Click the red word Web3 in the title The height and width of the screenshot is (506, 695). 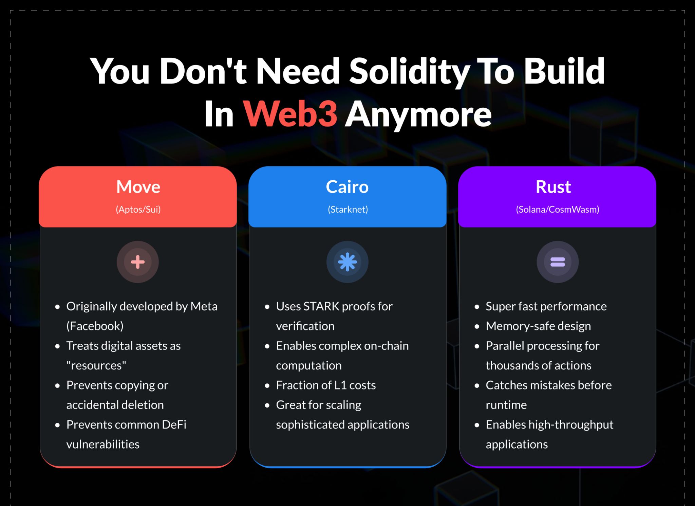point(290,114)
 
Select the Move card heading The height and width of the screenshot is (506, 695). point(138,187)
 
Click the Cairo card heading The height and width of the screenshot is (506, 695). point(347,187)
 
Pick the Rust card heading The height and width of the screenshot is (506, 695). point(553,187)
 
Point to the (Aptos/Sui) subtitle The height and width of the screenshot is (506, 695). point(138,209)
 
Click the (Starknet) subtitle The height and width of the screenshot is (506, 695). point(348,209)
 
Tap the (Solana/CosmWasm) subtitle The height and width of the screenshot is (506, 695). point(558,209)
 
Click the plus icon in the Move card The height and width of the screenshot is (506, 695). point(138,262)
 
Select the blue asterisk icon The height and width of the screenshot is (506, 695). point(347,262)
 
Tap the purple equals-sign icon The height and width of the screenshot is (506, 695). point(558,262)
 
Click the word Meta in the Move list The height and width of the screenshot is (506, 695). point(204,306)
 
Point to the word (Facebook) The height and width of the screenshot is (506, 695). point(95,326)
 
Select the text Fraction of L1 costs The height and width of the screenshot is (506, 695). point(326,385)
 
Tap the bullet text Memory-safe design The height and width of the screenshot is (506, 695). point(538,326)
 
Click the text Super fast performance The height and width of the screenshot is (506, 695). point(546,306)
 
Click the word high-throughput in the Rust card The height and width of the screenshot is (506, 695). point(571,424)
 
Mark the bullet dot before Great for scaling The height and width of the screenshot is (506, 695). point(267,405)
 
